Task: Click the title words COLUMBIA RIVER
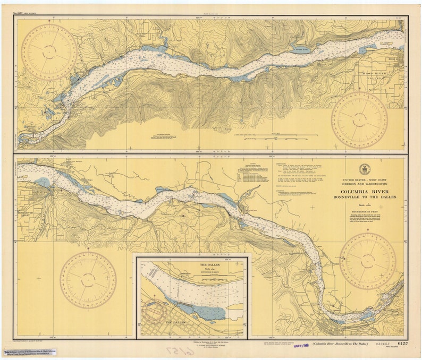365,191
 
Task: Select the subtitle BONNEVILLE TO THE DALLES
365,198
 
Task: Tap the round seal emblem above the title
365,169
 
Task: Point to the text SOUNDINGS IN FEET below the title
365,211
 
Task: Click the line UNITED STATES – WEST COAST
365,179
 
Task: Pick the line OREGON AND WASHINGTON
365,184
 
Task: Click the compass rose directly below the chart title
367,261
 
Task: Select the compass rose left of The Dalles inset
88,279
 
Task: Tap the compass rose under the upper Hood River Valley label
359,120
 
